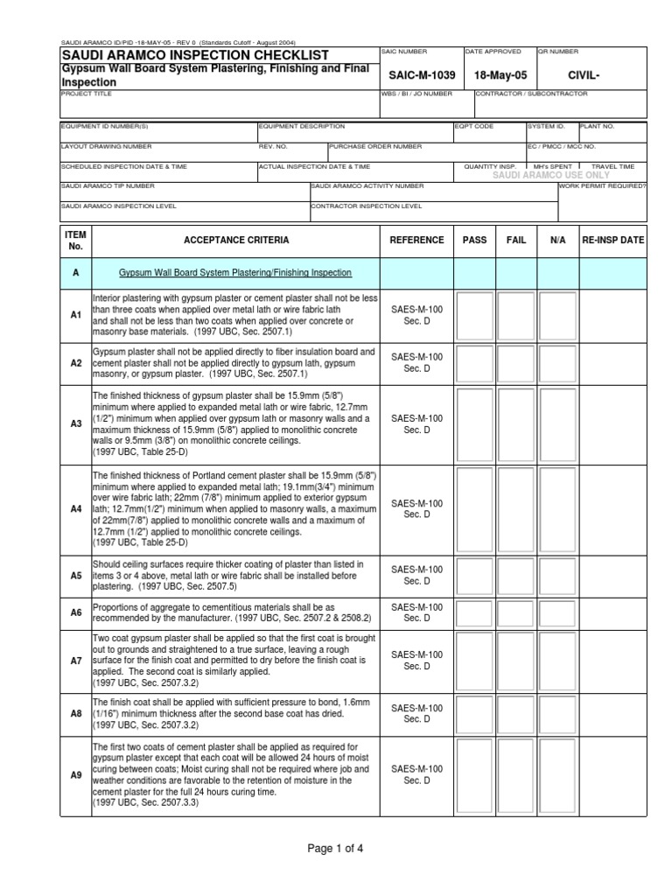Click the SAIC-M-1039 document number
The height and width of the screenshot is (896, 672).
click(x=416, y=75)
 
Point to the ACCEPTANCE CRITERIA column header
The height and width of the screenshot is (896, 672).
click(x=235, y=240)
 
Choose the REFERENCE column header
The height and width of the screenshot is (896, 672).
click(x=416, y=240)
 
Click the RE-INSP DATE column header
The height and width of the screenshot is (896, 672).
click(x=612, y=240)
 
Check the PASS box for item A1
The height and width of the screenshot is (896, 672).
click(x=475, y=315)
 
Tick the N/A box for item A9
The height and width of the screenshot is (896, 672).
click(x=557, y=774)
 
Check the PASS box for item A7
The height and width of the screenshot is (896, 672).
click(x=475, y=661)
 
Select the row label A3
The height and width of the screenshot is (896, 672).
click(x=75, y=423)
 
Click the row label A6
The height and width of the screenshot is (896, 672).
click(x=75, y=613)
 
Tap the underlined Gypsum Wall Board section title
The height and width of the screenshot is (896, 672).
click(x=234, y=273)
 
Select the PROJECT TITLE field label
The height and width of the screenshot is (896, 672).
click(x=86, y=93)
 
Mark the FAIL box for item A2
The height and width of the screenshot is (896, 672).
click(x=516, y=362)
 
